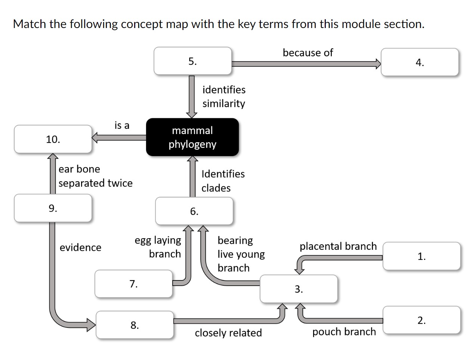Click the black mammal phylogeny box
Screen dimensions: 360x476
click(x=192, y=137)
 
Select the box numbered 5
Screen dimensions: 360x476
click(x=192, y=61)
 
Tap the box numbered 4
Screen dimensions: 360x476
click(x=420, y=62)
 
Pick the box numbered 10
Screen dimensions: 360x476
click(x=53, y=139)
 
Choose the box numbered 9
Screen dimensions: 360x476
click(x=53, y=208)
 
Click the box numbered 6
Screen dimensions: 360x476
click(x=194, y=211)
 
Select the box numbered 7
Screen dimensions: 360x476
click(x=133, y=284)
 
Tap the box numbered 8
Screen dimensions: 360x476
click(x=135, y=325)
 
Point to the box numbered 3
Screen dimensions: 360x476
click(x=299, y=289)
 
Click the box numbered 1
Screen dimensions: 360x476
click(x=421, y=256)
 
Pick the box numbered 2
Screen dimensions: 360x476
click(x=421, y=320)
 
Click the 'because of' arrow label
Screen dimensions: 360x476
click(x=307, y=53)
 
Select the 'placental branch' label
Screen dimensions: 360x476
click(x=338, y=246)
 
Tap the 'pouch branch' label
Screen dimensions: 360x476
click(x=344, y=332)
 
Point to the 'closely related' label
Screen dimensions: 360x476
click(x=228, y=333)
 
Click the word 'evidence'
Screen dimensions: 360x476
click(x=80, y=247)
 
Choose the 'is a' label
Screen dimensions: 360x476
click(x=122, y=125)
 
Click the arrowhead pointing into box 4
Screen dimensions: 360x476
click(x=378, y=63)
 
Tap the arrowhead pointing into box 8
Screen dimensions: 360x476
click(x=92, y=325)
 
